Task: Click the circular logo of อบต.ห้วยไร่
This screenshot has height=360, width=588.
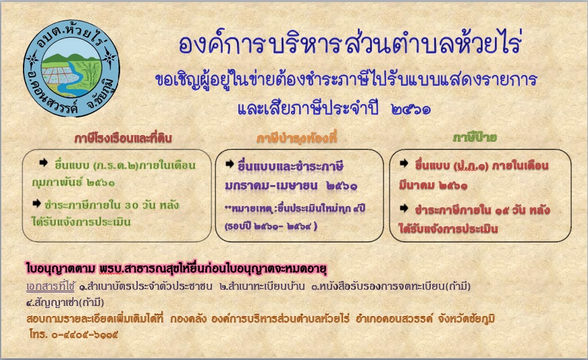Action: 72,68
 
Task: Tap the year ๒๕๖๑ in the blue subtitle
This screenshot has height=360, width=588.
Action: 410,109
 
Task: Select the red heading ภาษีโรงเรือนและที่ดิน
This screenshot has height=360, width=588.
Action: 123,138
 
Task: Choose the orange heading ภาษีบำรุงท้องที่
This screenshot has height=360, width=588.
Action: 296,138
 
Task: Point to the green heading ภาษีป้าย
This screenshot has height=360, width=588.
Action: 475,138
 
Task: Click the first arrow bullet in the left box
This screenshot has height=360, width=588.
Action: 43,162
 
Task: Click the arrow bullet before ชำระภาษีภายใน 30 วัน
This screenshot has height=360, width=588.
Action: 36,203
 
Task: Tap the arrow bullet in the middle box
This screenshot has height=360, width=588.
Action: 230,164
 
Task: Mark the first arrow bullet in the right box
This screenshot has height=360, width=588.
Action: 404,163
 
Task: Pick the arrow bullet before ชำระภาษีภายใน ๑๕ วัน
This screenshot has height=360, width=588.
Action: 404,208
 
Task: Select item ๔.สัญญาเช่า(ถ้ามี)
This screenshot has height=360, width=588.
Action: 65,302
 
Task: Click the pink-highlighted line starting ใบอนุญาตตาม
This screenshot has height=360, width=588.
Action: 177,269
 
